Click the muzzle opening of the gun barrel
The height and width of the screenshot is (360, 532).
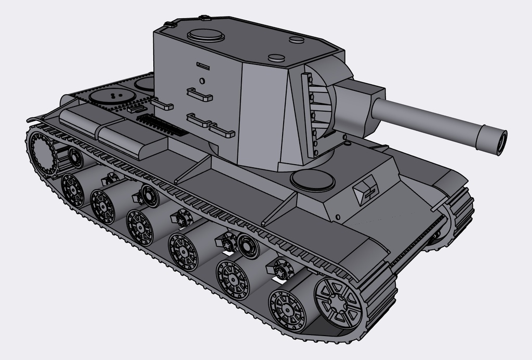pyautogui.click(x=501, y=142)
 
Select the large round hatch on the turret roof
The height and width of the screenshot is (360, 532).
pyautogui.click(x=206, y=35)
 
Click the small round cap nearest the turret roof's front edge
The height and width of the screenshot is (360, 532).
pyautogui.click(x=276, y=58)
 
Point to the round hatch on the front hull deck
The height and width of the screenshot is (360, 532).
pyautogui.click(x=312, y=180)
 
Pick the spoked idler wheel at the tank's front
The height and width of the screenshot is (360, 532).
pyautogui.click(x=338, y=303)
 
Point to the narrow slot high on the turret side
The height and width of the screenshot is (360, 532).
pyautogui.click(x=203, y=66)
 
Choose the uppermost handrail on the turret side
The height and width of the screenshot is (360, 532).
pyautogui.click(x=199, y=95)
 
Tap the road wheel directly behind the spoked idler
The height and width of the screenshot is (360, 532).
pyautogui.click(x=287, y=311)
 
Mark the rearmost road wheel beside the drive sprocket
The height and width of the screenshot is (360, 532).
pyautogui.click(x=73, y=190)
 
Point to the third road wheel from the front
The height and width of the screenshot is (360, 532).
pyautogui.click(x=183, y=252)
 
